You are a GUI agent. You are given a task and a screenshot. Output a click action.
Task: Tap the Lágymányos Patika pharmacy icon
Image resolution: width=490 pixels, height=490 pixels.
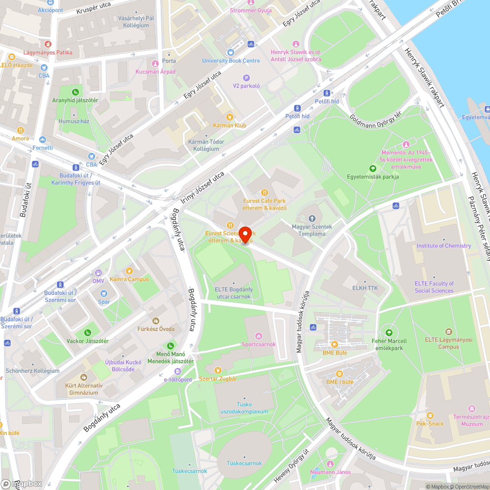click(x=48, y=44)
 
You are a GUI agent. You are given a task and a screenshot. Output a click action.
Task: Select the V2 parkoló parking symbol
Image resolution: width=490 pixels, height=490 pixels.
click(x=246, y=77)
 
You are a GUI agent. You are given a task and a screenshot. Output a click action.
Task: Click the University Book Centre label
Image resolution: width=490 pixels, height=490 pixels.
click(x=231, y=61)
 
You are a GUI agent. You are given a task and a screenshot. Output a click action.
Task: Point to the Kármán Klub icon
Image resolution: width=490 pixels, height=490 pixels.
click(x=229, y=117)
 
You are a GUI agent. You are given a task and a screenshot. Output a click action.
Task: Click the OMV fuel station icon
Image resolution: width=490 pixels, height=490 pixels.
click(x=98, y=272)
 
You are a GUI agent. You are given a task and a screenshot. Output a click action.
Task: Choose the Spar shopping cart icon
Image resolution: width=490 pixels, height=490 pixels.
click(x=104, y=294)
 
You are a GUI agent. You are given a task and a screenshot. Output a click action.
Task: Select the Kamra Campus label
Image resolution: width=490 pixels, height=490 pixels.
click(x=129, y=279)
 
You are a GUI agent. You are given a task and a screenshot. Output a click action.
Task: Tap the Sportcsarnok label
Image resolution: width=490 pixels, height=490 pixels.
click(x=259, y=344)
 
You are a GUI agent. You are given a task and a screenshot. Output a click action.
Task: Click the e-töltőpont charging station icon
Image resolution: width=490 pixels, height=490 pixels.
click(x=177, y=372)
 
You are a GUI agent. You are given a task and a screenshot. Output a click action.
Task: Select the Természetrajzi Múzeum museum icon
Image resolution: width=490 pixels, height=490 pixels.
click(x=471, y=409)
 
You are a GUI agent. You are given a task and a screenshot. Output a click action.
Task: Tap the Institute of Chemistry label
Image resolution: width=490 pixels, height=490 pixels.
click(x=443, y=246)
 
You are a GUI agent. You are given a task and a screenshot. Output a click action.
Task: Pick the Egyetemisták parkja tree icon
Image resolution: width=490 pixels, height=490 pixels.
click(x=372, y=169)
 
